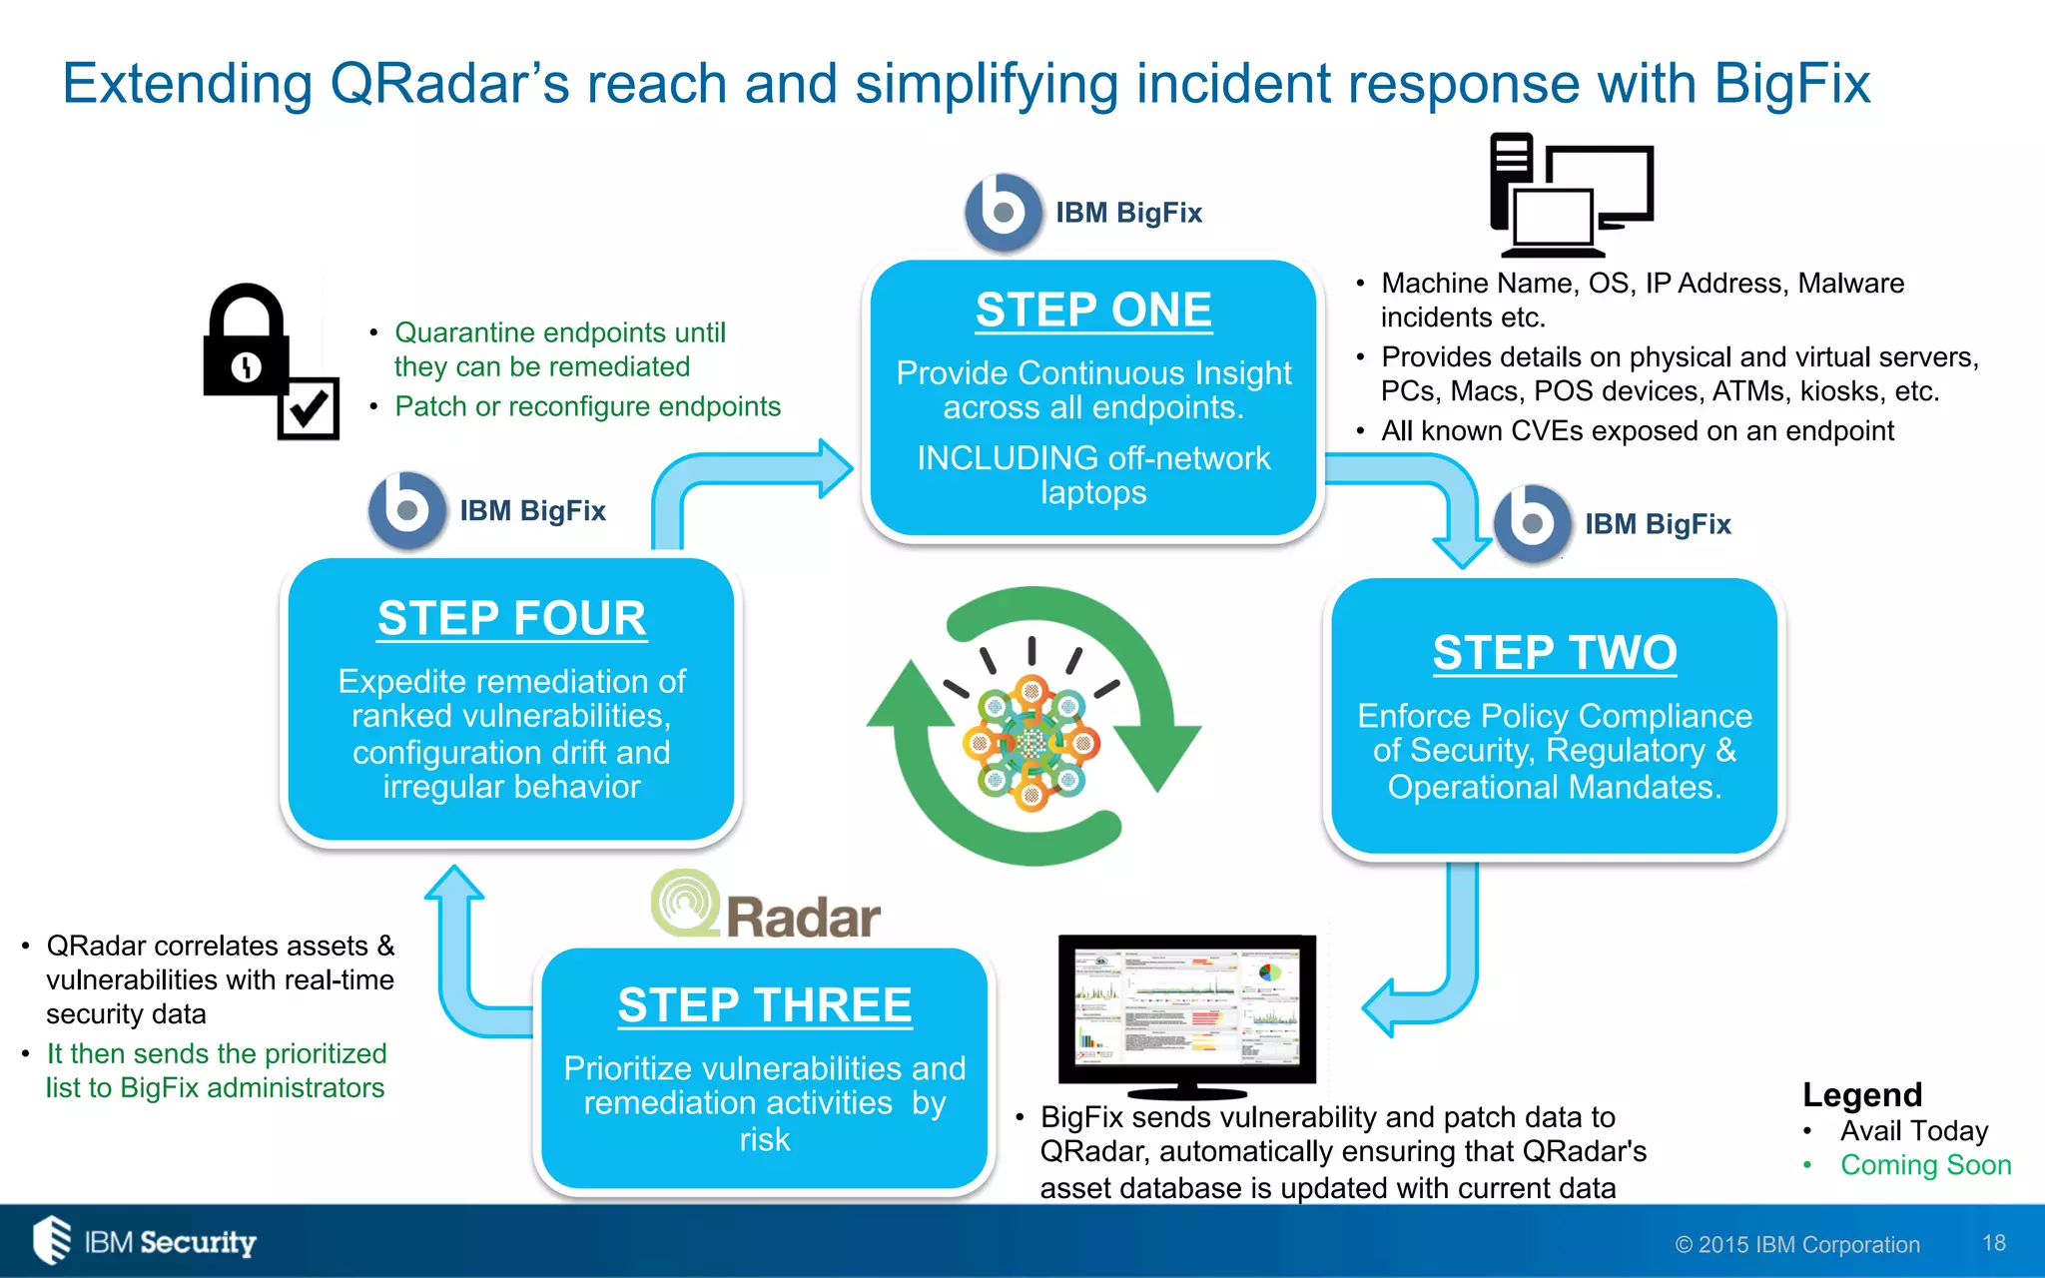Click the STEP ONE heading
coord(1093,310)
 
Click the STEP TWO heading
coord(1554,653)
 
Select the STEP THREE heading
coord(764,1004)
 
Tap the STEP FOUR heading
coord(511,618)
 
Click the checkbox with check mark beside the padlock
coord(309,407)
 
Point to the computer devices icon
coord(1571,195)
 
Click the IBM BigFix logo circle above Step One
coord(1003,212)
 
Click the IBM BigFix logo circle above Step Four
coord(406,510)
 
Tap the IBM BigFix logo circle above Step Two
coord(1531,523)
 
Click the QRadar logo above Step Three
coord(766,905)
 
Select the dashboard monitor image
coord(1187,1013)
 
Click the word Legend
coord(1861,1094)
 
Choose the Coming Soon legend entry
coord(1924,1165)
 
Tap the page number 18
coord(1993,1242)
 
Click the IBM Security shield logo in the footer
coord(52,1240)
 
